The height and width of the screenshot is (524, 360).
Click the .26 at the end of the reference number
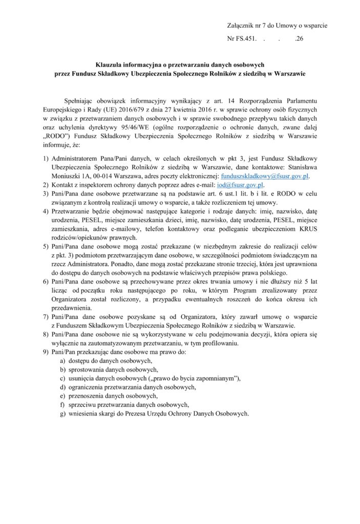point(300,38)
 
